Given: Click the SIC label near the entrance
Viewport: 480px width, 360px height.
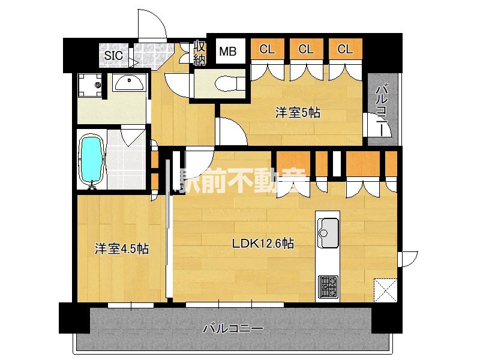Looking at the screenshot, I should pyautogui.click(x=113, y=55).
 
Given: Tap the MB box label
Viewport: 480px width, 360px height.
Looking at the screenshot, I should pyautogui.click(x=227, y=51).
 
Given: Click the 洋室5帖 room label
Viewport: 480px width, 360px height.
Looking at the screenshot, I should pyautogui.click(x=298, y=112).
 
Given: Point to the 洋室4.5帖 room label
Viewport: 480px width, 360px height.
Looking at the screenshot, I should pyautogui.click(x=121, y=249).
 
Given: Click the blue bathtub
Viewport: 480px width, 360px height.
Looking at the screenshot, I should pyautogui.click(x=92, y=160).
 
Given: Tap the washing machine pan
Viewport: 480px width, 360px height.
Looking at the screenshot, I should pyautogui.click(x=90, y=85).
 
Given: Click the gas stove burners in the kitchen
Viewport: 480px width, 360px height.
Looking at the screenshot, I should pyautogui.click(x=328, y=286).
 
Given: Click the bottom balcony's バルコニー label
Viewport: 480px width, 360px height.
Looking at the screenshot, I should pyautogui.click(x=233, y=329).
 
